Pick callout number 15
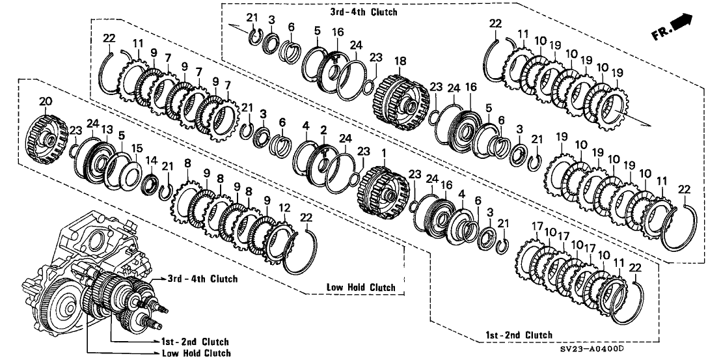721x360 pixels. [x=135, y=149]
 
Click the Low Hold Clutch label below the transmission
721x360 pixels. [x=196, y=353]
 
